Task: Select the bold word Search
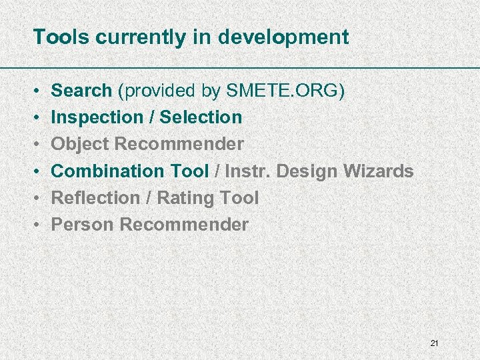(x=81, y=91)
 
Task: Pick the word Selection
(x=201, y=117)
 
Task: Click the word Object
(x=81, y=144)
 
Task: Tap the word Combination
(x=109, y=171)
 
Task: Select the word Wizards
(x=378, y=171)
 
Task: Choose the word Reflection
(x=95, y=198)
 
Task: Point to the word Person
(x=83, y=225)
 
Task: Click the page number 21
(x=434, y=343)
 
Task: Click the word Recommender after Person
(x=184, y=225)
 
